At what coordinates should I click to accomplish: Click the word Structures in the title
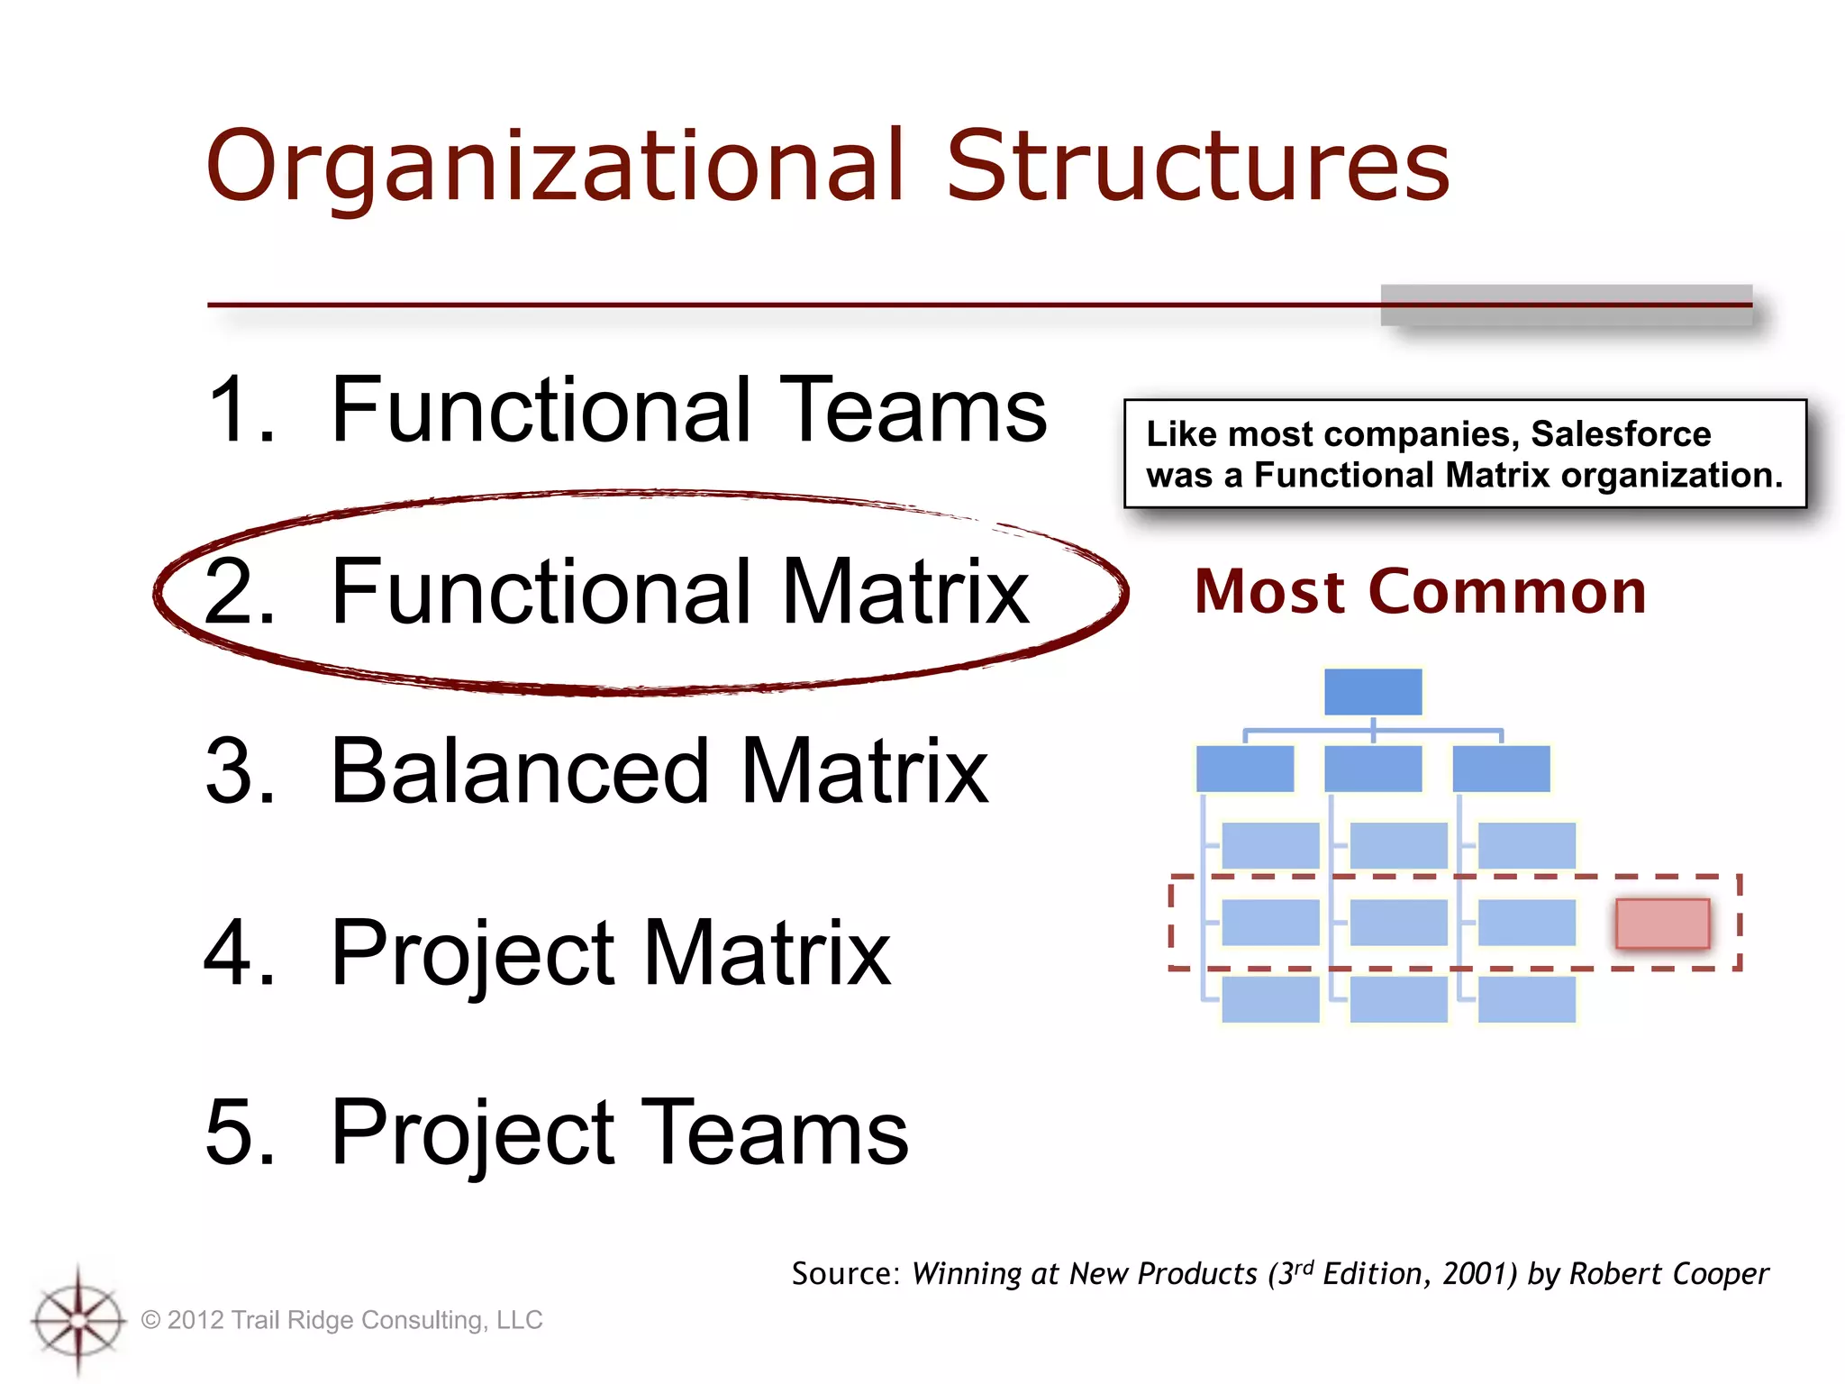click(1197, 167)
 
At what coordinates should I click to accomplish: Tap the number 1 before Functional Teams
click(236, 410)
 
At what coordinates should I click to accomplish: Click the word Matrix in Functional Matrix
click(905, 592)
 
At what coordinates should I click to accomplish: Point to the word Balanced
click(521, 772)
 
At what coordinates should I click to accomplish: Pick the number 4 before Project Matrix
click(239, 952)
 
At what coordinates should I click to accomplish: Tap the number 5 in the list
click(238, 1133)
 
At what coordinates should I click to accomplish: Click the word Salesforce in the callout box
click(1621, 434)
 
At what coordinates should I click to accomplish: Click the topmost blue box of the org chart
click(1373, 692)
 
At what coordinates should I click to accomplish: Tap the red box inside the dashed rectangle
click(1662, 924)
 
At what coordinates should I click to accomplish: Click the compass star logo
click(78, 1320)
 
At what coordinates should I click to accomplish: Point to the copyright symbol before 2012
click(151, 1321)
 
